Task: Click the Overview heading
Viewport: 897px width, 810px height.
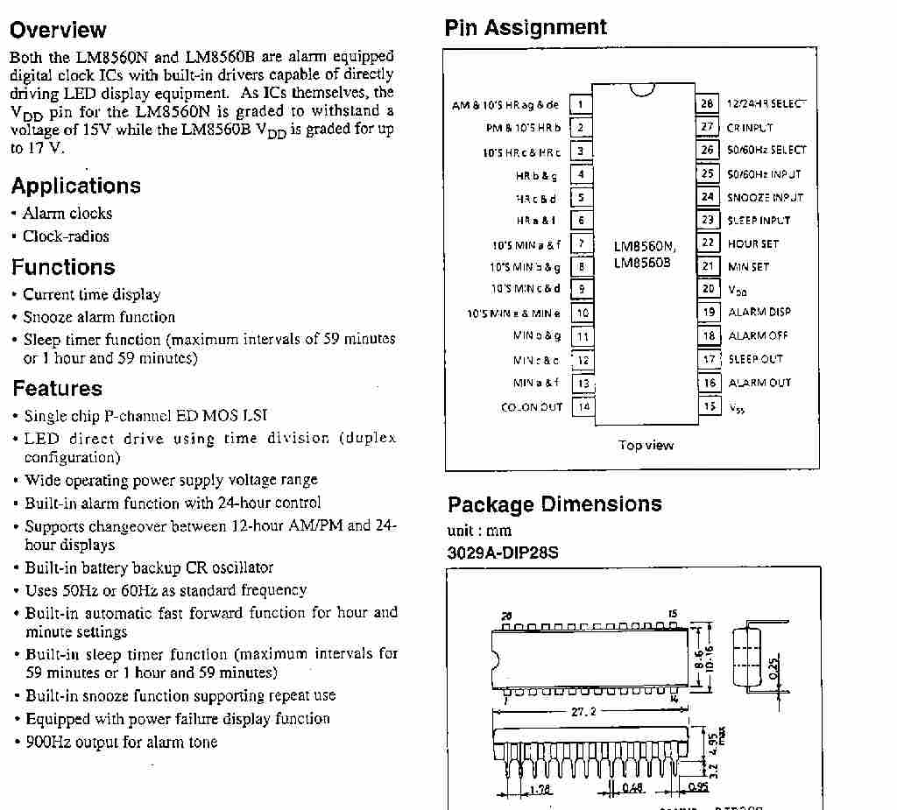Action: (58, 31)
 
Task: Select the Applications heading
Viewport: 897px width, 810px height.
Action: (75, 186)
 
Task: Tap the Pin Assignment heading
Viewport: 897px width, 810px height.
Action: (526, 27)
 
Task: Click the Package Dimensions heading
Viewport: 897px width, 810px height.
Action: (554, 504)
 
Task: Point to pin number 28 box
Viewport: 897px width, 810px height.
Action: (707, 103)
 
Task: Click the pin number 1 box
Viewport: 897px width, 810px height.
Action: (581, 105)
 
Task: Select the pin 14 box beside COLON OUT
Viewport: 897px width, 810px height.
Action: (583, 406)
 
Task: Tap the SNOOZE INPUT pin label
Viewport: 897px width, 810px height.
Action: (764, 197)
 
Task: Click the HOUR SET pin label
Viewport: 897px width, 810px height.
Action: (752, 243)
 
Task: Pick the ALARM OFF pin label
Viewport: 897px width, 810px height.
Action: (758, 335)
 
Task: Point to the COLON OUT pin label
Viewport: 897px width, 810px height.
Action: (531, 407)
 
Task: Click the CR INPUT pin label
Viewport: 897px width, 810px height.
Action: (750, 127)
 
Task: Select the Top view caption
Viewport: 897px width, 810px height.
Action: (646, 445)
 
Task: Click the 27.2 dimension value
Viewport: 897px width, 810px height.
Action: (583, 712)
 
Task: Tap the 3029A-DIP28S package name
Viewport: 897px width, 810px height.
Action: (503, 553)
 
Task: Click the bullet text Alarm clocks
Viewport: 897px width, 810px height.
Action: (67, 213)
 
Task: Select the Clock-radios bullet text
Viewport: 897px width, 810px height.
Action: (66, 236)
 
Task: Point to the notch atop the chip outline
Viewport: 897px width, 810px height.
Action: (642, 89)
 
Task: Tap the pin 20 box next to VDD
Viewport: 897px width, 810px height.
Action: (708, 288)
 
